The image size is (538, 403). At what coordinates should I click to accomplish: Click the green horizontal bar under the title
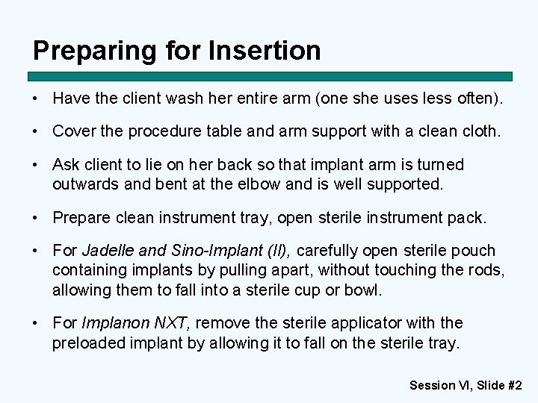(x=270, y=76)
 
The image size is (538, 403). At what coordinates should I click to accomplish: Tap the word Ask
(x=66, y=164)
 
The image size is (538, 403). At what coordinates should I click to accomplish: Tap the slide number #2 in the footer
(x=513, y=385)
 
